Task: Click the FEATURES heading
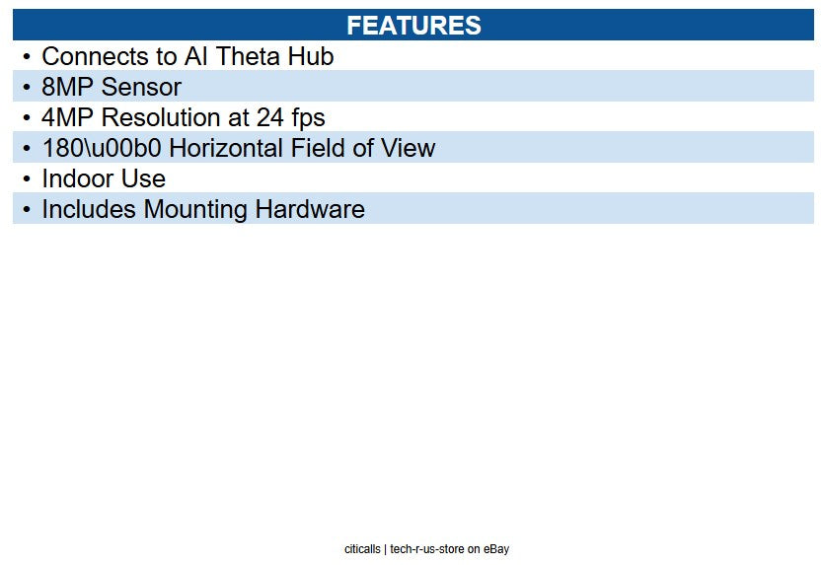pyautogui.click(x=413, y=26)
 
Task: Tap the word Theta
pyautogui.click(x=248, y=57)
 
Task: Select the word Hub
pyautogui.click(x=311, y=57)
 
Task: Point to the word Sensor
pyautogui.click(x=141, y=88)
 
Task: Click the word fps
pyautogui.click(x=306, y=118)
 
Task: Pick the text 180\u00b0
pyautogui.click(x=102, y=149)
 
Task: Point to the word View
pyautogui.click(x=406, y=149)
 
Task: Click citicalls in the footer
pyautogui.click(x=362, y=549)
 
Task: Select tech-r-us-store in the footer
pyautogui.click(x=427, y=549)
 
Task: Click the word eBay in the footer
pyautogui.click(x=496, y=549)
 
